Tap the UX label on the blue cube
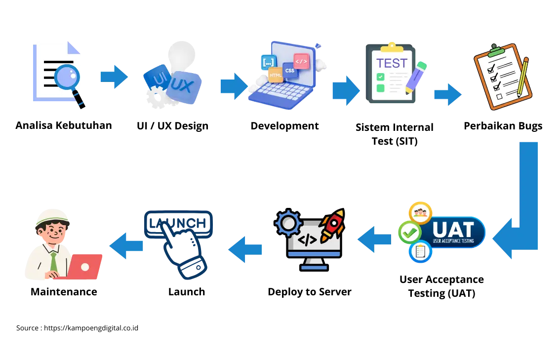coord(182,86)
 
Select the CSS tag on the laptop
coord(290,70)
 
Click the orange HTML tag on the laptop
coord(275,75)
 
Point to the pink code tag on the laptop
coord(301,61)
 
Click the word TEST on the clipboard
coord(392,63)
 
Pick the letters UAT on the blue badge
coord(453,229)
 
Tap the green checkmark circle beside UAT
coord(410,232)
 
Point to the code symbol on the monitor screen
coord(308,240)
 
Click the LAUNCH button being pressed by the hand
coord(178,222)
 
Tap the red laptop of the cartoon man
coord(83,267)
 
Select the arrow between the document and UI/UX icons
coord(114,77)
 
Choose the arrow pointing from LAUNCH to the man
coord(125,244)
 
